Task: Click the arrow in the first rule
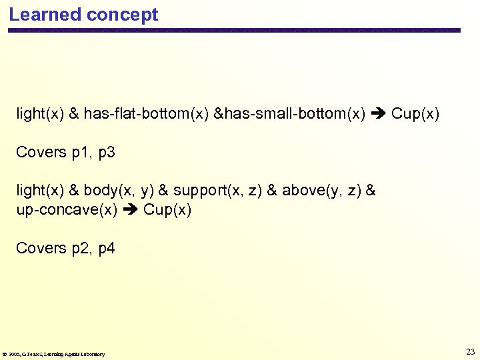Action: pyautogui.click(x=379, y=114)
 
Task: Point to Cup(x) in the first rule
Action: pyautogui.click(x=415, y=114)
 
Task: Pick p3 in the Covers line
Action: pyautogui.click(x=107, y=153)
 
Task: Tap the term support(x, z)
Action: pyautogui.click(x=217, y=191)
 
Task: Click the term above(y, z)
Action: pyautogui.click(x=321, y=191)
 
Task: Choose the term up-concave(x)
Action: pyautogui.click(x=67, y=209)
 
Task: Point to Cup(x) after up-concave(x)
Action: pyautogui.click(x=167, y=209)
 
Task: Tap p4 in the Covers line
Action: pyautogui.click(x=107, y=249)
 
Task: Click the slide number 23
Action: pyautogui.click(x=470, y=351)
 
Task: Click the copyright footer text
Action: pyautogui.click(x=54, y=354)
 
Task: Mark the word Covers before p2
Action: pyautogui.click(x=41, y=249)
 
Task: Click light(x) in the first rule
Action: pyautogui.click(x=40, y=114)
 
